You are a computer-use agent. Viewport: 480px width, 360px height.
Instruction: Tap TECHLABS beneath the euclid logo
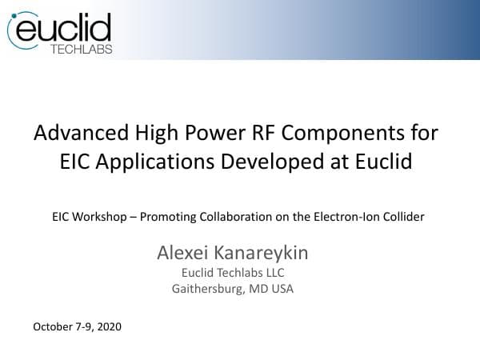tap(81, 49)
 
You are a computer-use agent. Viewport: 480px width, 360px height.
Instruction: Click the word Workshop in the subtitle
tap(99, 216)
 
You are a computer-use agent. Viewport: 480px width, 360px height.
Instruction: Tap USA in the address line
tap(281, 289)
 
